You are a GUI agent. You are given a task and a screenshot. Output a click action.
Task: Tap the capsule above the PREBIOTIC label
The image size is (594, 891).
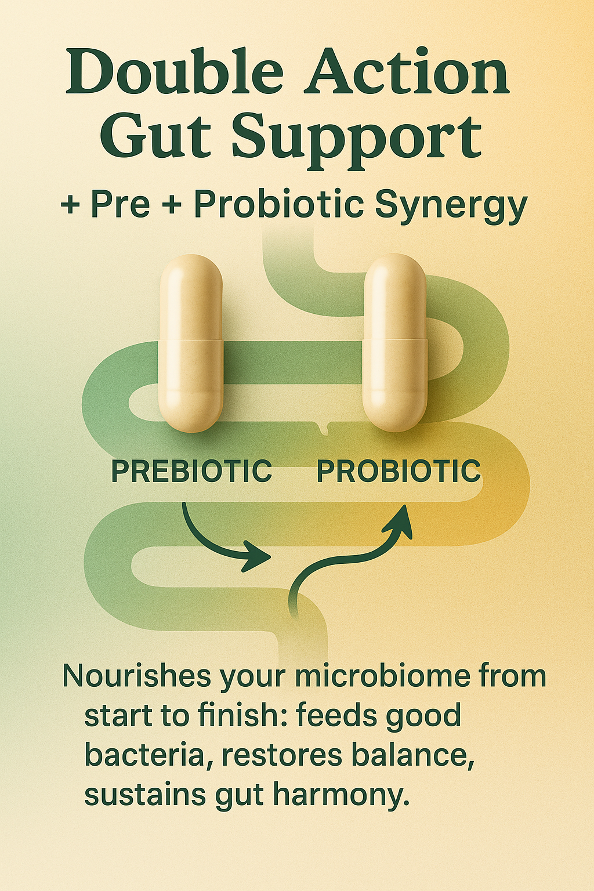tap(190, 343)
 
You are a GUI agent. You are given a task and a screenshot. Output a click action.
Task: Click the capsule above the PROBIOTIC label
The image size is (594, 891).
tap(395, 343)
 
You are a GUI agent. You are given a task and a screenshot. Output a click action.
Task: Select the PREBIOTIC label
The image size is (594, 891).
tap(191, 471)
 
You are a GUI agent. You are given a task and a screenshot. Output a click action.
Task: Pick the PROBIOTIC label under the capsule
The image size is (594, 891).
tap(399, 471)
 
